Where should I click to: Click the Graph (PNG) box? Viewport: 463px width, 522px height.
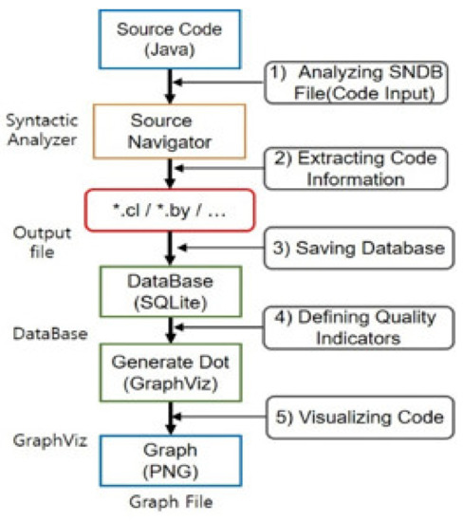coord(170,457)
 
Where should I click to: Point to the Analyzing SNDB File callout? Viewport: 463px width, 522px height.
coord(354,83)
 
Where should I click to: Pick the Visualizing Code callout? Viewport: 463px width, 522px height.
coord(353,416)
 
